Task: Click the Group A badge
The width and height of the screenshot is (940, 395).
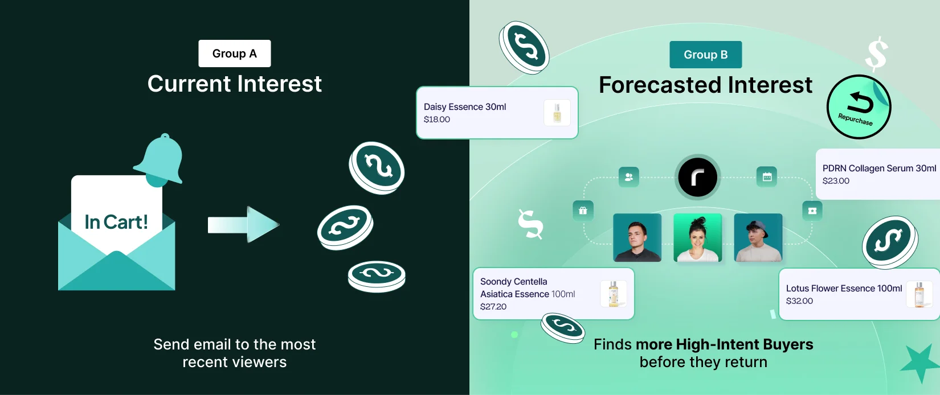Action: point(235,54)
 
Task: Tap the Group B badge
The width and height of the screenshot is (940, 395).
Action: point(705,55)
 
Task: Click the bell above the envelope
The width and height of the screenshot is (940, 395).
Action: point(160,161)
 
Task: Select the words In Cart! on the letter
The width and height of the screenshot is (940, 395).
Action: point(116,222)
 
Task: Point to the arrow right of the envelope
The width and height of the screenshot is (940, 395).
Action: point(243,224)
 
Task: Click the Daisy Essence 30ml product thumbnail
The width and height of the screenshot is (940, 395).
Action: point(557,112)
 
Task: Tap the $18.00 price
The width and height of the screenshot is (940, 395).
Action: point(437,120)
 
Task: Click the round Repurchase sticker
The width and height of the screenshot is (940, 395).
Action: point(859,107)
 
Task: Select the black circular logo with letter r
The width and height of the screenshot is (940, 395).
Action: point(697,178)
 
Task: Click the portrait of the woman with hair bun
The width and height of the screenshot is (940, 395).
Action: point(697,237)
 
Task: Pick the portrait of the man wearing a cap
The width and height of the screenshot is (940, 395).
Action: point(758,237)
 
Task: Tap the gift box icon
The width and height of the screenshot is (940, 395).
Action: point(583,211)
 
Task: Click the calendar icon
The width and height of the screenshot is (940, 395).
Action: point(767,176)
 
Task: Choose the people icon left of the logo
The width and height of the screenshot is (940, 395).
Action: point(628,176)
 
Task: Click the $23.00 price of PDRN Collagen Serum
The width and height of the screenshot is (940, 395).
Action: point(836,181)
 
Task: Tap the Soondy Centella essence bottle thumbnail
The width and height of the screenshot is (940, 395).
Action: point(614,294)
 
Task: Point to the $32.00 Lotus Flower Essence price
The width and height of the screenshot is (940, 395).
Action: point(799,301)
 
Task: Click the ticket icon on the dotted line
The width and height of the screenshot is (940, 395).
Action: point(812,211)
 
